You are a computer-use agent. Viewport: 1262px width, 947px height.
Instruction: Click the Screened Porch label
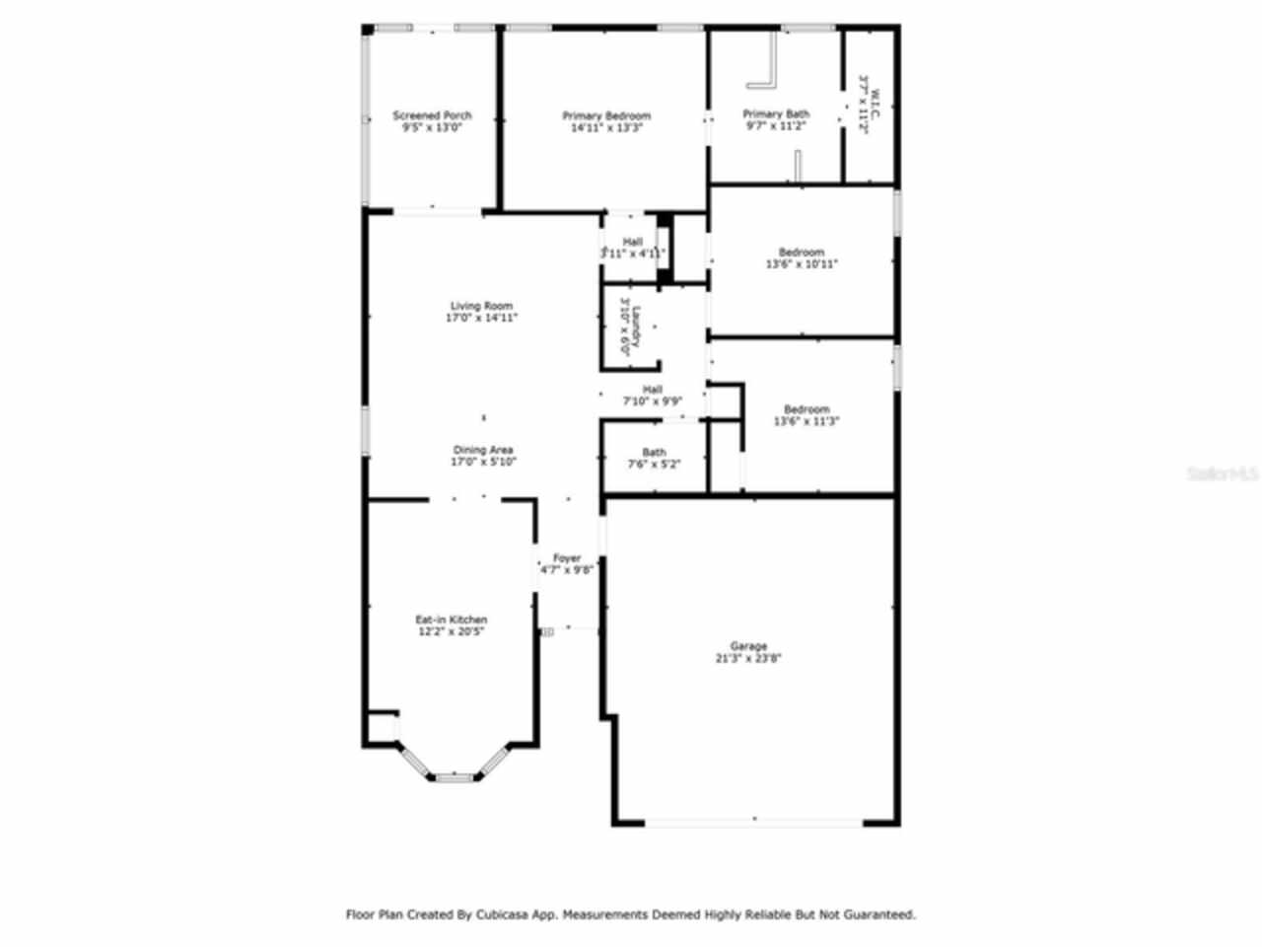(432, 115)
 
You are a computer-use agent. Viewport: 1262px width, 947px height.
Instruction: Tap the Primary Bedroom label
(606, 115)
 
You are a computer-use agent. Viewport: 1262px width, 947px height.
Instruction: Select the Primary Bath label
(776, 114)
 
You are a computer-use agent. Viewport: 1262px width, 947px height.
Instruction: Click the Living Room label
(482, 306)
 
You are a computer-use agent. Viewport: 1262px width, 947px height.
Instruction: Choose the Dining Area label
(483, 450)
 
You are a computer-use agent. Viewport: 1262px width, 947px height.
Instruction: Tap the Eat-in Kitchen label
(451, 619)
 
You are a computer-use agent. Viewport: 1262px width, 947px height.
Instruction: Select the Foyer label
(566, 558)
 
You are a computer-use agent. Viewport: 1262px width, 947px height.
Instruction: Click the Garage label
(748, 646)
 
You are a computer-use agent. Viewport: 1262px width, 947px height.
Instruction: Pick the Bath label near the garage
(654, 453)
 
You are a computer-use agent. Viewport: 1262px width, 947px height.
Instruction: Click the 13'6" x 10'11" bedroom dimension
(802, 264)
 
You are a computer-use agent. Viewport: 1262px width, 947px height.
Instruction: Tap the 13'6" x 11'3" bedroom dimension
(806, 421)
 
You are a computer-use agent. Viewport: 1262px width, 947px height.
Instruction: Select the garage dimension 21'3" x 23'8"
(748, 658)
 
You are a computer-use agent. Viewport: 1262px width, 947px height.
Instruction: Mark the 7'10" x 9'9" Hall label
(652, 396)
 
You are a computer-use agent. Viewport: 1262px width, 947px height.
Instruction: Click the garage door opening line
(754, 820)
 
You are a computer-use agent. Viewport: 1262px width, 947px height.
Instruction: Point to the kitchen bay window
(454, 776)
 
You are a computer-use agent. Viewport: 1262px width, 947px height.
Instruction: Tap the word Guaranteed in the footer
(876, 914)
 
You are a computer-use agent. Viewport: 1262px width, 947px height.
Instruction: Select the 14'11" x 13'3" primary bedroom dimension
(606, 127)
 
